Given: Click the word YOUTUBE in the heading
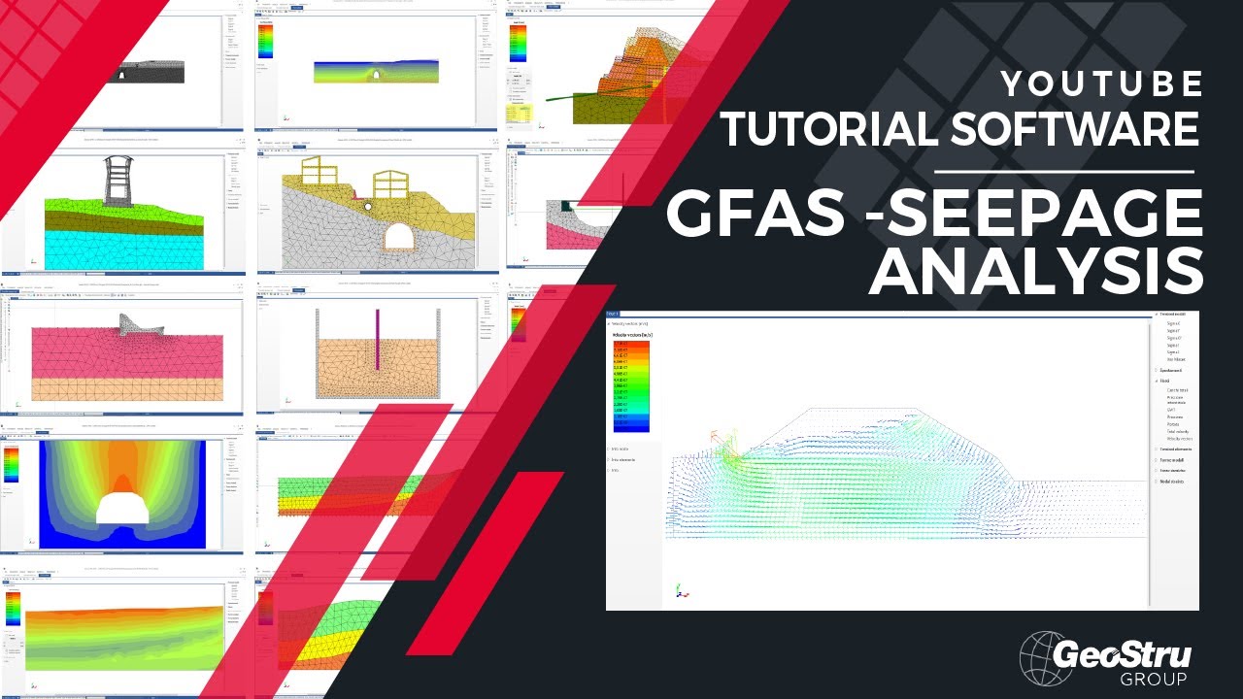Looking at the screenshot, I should (x=1101, y=85).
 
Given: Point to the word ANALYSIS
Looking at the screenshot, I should (x=1035, y=273).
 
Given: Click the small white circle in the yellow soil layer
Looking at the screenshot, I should (x=368, y=206).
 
